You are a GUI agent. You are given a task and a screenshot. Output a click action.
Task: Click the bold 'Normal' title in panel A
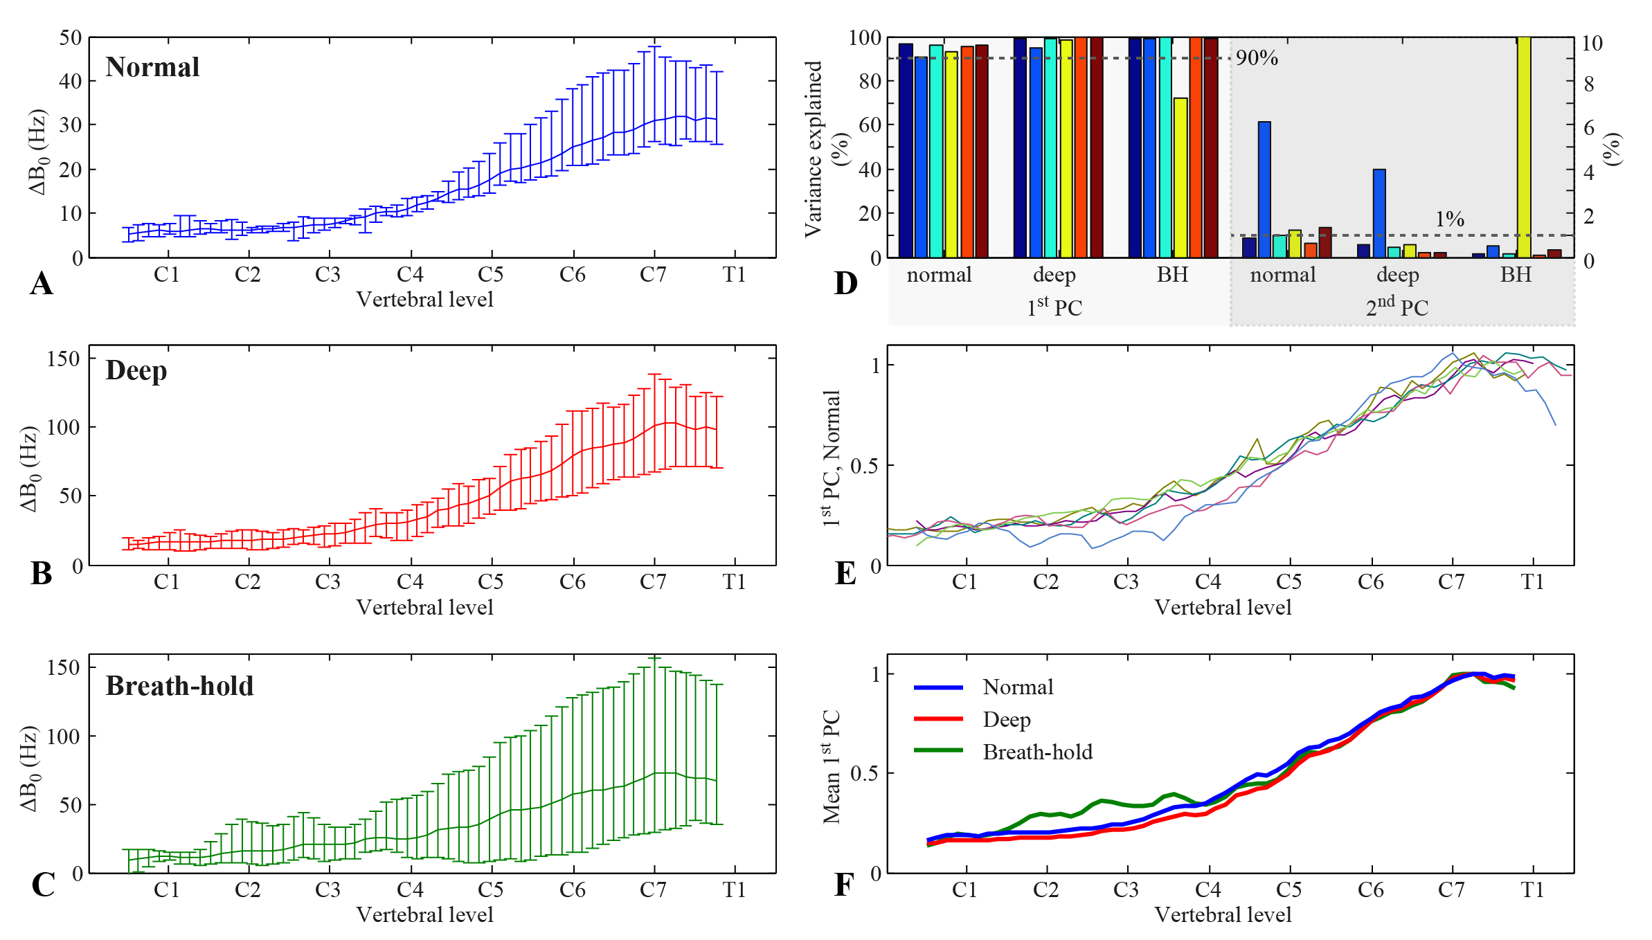pos(152,67)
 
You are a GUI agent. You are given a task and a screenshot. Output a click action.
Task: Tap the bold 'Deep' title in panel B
pos(136,370)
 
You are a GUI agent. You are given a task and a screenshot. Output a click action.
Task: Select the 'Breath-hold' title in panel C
pos(179,685)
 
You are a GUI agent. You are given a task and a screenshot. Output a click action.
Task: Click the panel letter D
pos(845,283)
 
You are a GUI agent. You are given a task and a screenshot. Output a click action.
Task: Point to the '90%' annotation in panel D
pos(1257,57)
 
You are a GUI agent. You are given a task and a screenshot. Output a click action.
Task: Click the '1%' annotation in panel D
pos(1449,219)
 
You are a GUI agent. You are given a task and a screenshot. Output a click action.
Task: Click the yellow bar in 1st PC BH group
pos(1180,177)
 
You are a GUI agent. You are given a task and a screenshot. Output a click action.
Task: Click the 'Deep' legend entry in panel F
pos(1007,720)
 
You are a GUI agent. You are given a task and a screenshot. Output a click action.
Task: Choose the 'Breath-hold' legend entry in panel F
pos(1037,752)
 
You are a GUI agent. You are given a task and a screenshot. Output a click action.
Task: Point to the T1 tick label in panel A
pos(734,275)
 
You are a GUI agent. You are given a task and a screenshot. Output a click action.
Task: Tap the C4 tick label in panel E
pos(1207,582)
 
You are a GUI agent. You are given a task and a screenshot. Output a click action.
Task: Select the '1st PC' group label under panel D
pos(1054,307)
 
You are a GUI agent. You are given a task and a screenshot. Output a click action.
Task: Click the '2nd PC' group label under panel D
pos(1397,307)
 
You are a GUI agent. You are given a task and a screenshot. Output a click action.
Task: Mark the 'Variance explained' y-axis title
pos(814,149)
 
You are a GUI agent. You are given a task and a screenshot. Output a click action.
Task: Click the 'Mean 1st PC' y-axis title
pos(832,766)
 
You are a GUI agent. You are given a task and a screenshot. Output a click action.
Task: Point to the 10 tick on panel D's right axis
pos(1592,44)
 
